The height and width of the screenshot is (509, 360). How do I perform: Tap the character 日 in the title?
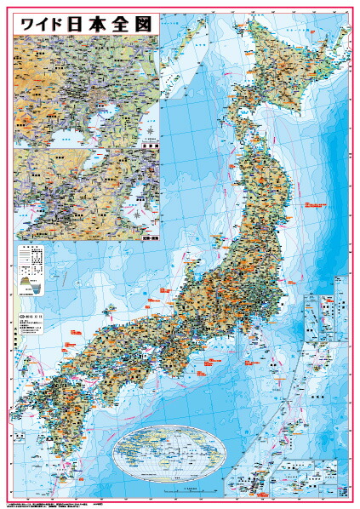(83, 23)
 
